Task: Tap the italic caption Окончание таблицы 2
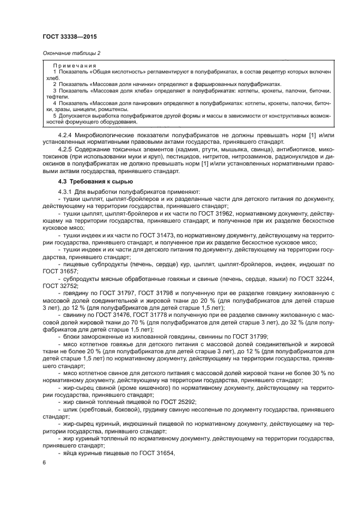[x=71, y=53]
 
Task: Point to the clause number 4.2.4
[x=67, y=134]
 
